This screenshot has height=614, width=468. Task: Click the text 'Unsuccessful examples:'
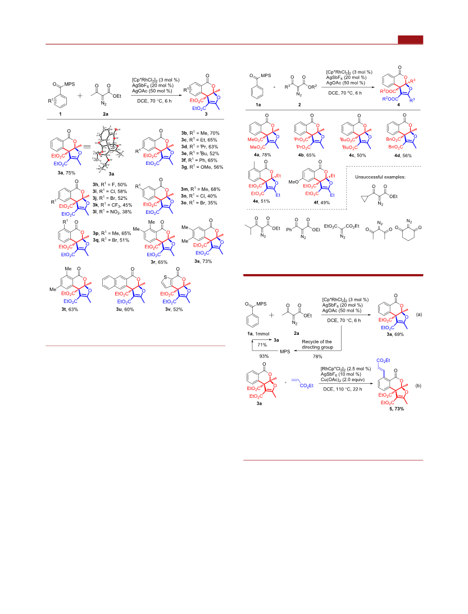tap(380, 177)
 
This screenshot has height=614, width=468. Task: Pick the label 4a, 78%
tap(262, 155)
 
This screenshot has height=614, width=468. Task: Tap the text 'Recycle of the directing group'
tap(317, 344)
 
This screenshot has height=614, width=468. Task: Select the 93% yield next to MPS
tap(264, 356)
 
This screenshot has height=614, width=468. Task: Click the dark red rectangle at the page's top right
tap(410, 39)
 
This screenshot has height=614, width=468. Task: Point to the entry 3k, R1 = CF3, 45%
tap(112, 205)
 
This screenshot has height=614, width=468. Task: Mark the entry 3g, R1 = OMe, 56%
tap(202, 167)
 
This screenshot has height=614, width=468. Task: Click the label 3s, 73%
tap(203, 261)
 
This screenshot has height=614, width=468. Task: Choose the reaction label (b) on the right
tap(419, 386)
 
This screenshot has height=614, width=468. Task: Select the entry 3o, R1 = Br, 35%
tap(199, 203)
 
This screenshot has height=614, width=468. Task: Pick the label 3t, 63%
tap(70, 310)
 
